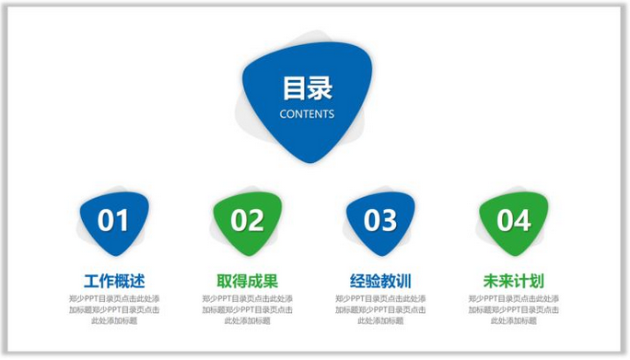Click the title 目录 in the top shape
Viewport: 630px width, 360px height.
pos(307,88)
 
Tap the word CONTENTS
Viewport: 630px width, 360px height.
pos(307,115)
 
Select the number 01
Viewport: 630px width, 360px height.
pos(113,220)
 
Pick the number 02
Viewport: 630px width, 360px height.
pos(247,220)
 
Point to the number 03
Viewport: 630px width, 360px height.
pos(380,220)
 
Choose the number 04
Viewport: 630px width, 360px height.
pos(514,220)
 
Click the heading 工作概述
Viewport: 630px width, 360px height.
pos(114,281)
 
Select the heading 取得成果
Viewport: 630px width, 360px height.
pos(247,281)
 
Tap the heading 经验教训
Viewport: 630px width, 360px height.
pos(380,281)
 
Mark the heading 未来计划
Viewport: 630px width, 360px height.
pos(514,281)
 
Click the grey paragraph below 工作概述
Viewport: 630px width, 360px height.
pos(114,310)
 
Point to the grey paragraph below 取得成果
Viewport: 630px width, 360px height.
pos(247,310)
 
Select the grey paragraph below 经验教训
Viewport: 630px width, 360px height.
pos(380,310)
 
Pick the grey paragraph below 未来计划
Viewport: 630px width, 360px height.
pos(514,310)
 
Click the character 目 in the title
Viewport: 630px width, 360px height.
pos(295,88)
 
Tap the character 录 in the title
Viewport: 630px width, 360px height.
pos(320,88)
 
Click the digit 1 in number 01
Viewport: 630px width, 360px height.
pos(122,220)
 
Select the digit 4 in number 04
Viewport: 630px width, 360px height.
pos(523,220)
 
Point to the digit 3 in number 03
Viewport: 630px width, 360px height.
pos(390,220)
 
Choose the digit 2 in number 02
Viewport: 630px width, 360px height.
pos(256,220)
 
